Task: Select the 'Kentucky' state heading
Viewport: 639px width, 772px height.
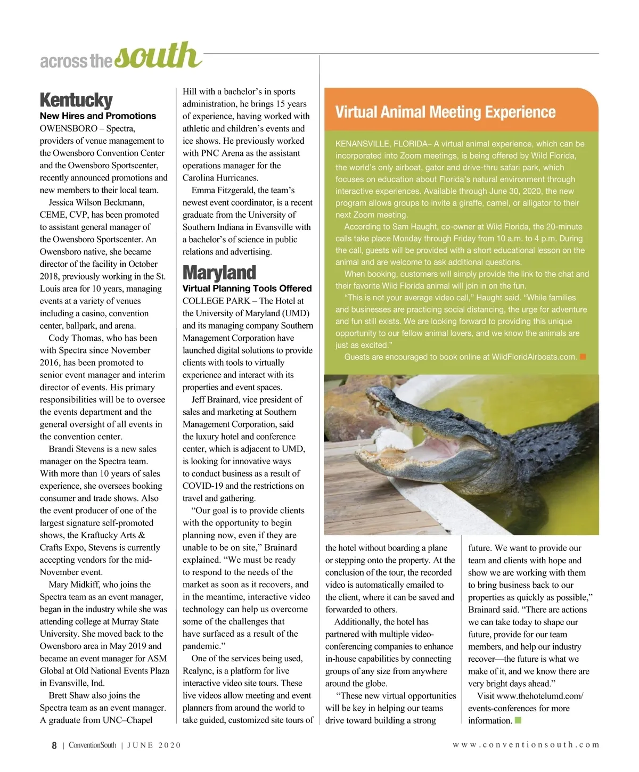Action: pyautogui.click(x=76, y=100)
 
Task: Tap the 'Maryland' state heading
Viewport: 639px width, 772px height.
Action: pyautogui.click(x=219, y=273)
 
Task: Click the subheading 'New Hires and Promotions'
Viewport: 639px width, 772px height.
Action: pyautogui.click(x=98, y=116)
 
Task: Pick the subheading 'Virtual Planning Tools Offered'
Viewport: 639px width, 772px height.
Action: pyautogui.click(x=247, y=289)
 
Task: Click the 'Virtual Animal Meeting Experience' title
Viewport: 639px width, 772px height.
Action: pyautogui.click(x=445, y=112)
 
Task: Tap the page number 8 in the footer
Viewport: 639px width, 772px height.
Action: pyautogui.click(x=54, y=745)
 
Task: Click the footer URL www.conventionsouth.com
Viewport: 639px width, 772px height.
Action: pyautogui.click(x=526, y=745)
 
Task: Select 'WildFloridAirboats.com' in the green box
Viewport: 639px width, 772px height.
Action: pyautogui.click(x=534, y=357)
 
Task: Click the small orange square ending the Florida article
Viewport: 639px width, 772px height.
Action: pyautogui.click(x=583, y=357)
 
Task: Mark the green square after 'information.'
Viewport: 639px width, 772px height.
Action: pyautogui.click(x=518, y=721)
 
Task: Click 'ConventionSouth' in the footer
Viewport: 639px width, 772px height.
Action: pyautogui.click(x=92, y=745)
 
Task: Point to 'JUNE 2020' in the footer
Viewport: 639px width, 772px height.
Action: pyautogui.click(x=154, y=745)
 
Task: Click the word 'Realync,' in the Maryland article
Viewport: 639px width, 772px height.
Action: pyautogui.click(x=200, y=671)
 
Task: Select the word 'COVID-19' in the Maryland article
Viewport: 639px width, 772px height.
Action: pyautogui.click(x=202, y=486)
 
